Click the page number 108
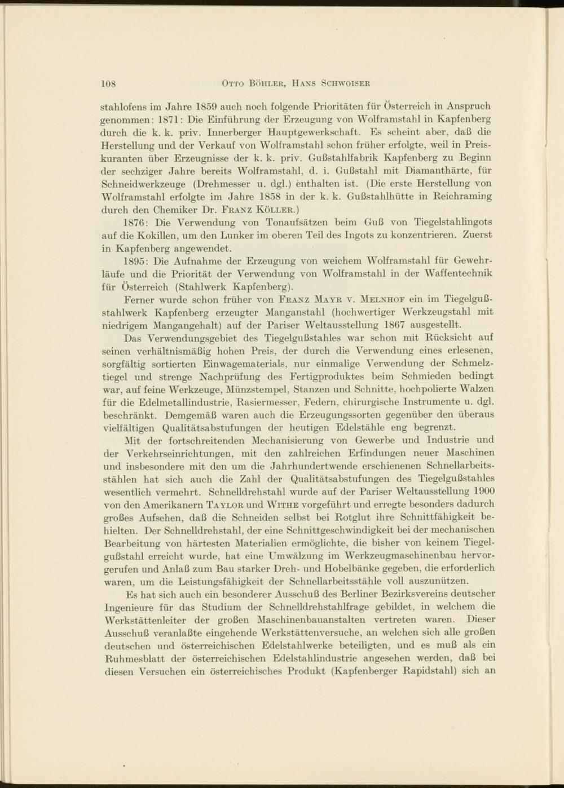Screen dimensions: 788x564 108,84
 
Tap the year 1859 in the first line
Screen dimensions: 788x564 207,106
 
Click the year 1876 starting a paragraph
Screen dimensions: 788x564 136,223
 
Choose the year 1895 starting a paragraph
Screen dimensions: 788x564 136,261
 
